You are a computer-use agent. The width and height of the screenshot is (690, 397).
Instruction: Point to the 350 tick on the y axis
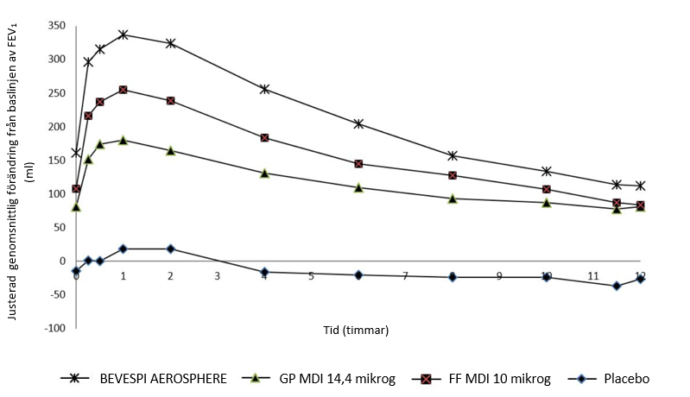[x=54, y=26]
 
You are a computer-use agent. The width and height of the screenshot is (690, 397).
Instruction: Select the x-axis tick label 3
[x=217, y=276]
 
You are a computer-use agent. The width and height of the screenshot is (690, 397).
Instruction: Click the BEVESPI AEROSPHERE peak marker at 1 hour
[x=123, y=35]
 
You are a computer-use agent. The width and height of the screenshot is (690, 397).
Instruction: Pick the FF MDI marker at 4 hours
[x=264, y=137]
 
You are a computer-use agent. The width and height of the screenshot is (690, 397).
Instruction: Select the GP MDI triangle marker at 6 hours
[x=358, y=187]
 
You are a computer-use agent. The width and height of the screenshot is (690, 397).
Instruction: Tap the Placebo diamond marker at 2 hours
[x=170, y=249]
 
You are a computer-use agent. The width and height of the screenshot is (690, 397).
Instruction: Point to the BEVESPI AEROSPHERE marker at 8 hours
[x=453, y=155]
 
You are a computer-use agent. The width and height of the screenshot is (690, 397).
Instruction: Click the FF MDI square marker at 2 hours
[x=170, y=100]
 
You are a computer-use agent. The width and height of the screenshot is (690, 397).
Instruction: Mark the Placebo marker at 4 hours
[x=264, y=272]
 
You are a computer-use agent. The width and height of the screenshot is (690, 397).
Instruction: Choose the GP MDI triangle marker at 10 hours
[x=547, y=203]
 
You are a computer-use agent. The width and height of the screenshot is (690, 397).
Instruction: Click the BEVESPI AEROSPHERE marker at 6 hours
[x=358, y=123]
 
